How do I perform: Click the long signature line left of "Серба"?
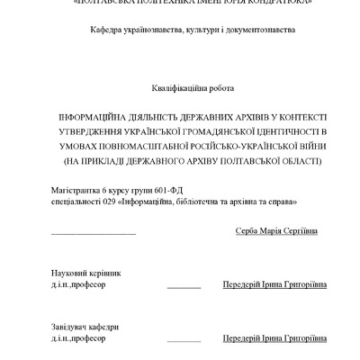94,235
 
